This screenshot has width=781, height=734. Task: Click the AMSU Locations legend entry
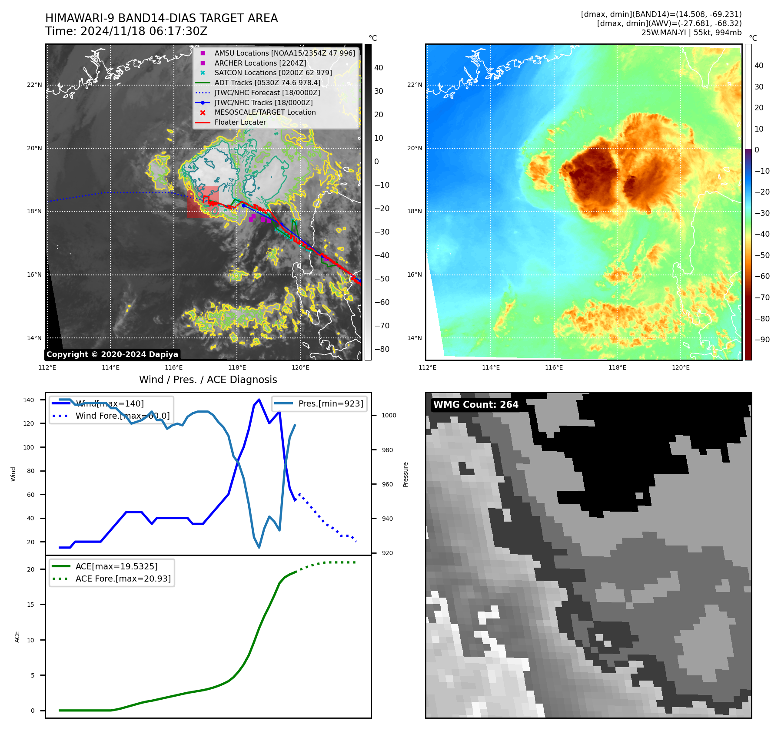pos(284,53)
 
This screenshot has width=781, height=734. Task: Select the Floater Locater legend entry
pos(240,122)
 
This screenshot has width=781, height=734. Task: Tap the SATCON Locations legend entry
pos(273,73)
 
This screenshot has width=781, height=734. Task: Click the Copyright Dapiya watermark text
pos(112,354)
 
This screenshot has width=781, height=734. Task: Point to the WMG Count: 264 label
pos(475,405)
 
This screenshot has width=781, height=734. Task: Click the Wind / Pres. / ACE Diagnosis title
pos(208,380)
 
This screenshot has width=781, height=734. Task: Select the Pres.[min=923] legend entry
pos(330,403)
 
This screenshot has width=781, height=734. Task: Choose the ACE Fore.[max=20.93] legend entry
pos(123,579)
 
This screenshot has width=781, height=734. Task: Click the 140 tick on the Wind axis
pos(29,400)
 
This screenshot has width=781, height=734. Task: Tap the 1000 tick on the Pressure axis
pos(389,415)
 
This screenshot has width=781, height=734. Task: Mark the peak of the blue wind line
pos(259,399)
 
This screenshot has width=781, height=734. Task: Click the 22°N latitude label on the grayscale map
pos(34,85)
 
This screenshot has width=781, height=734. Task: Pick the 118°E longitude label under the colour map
pos(617,367)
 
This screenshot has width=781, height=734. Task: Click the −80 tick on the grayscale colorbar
pos(382,349)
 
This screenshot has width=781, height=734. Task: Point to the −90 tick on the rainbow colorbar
pos(762,340)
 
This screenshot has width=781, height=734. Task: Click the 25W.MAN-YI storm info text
pos(691,33)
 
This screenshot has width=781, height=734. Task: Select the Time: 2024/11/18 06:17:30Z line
pos(126,32)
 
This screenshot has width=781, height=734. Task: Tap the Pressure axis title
pos(405,474)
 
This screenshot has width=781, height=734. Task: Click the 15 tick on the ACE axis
pos(30,605)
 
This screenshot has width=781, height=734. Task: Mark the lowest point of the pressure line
pos(259,547)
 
